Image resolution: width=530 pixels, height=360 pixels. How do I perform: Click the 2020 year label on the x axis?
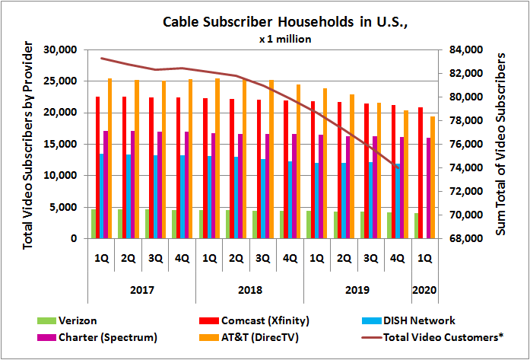(424, 290)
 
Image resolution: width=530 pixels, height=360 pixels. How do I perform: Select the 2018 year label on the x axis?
(249, 290)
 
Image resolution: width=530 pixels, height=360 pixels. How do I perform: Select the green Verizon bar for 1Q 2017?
(94, 224)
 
